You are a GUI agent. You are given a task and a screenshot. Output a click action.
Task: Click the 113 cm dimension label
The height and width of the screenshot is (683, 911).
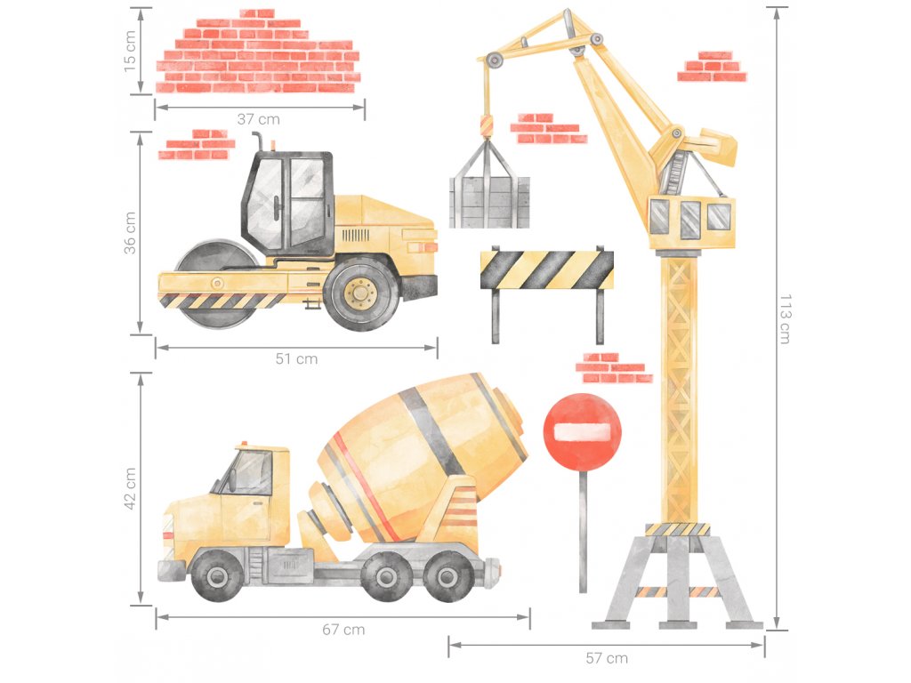click(785, 319)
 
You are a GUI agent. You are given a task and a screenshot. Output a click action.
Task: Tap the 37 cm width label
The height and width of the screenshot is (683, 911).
click(259, 119)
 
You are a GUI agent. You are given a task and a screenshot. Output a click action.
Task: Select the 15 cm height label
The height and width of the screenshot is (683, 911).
click(130, 51)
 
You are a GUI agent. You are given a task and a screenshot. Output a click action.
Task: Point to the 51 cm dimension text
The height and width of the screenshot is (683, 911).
click(296, 359)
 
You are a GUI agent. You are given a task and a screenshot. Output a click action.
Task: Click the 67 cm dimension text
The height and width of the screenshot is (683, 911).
click(343, 630)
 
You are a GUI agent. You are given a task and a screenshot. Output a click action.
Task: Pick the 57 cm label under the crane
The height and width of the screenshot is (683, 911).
click(607, 658)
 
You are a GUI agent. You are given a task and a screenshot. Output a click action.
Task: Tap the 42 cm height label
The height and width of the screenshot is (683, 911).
click(130, 488)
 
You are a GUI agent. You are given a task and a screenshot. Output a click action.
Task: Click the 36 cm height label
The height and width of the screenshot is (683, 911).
click(130, 232)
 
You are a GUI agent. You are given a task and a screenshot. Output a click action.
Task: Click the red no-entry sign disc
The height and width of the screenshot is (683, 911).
click(582, 432)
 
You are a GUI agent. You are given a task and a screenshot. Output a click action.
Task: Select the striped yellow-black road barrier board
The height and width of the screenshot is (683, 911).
click(547, 270)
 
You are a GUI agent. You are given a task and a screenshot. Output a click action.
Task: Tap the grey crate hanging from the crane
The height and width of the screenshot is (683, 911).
click(489, 202)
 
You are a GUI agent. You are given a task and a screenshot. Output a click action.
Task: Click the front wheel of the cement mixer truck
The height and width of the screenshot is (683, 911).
click(217, 575)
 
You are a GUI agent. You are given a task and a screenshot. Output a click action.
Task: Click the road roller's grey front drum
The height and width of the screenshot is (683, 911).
click(216, 284)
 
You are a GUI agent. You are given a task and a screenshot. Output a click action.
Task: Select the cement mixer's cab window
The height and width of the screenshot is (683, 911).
click(247, 472)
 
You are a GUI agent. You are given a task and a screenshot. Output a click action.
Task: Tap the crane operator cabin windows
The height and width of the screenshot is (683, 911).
click(689, 218)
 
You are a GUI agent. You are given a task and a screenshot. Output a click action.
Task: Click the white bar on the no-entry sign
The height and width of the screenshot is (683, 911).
click(582, 431)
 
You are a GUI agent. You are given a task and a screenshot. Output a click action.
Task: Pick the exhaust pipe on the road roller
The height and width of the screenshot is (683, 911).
click(257, 141)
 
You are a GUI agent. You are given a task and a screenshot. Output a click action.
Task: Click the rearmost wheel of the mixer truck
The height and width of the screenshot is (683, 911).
click(448, 575)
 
